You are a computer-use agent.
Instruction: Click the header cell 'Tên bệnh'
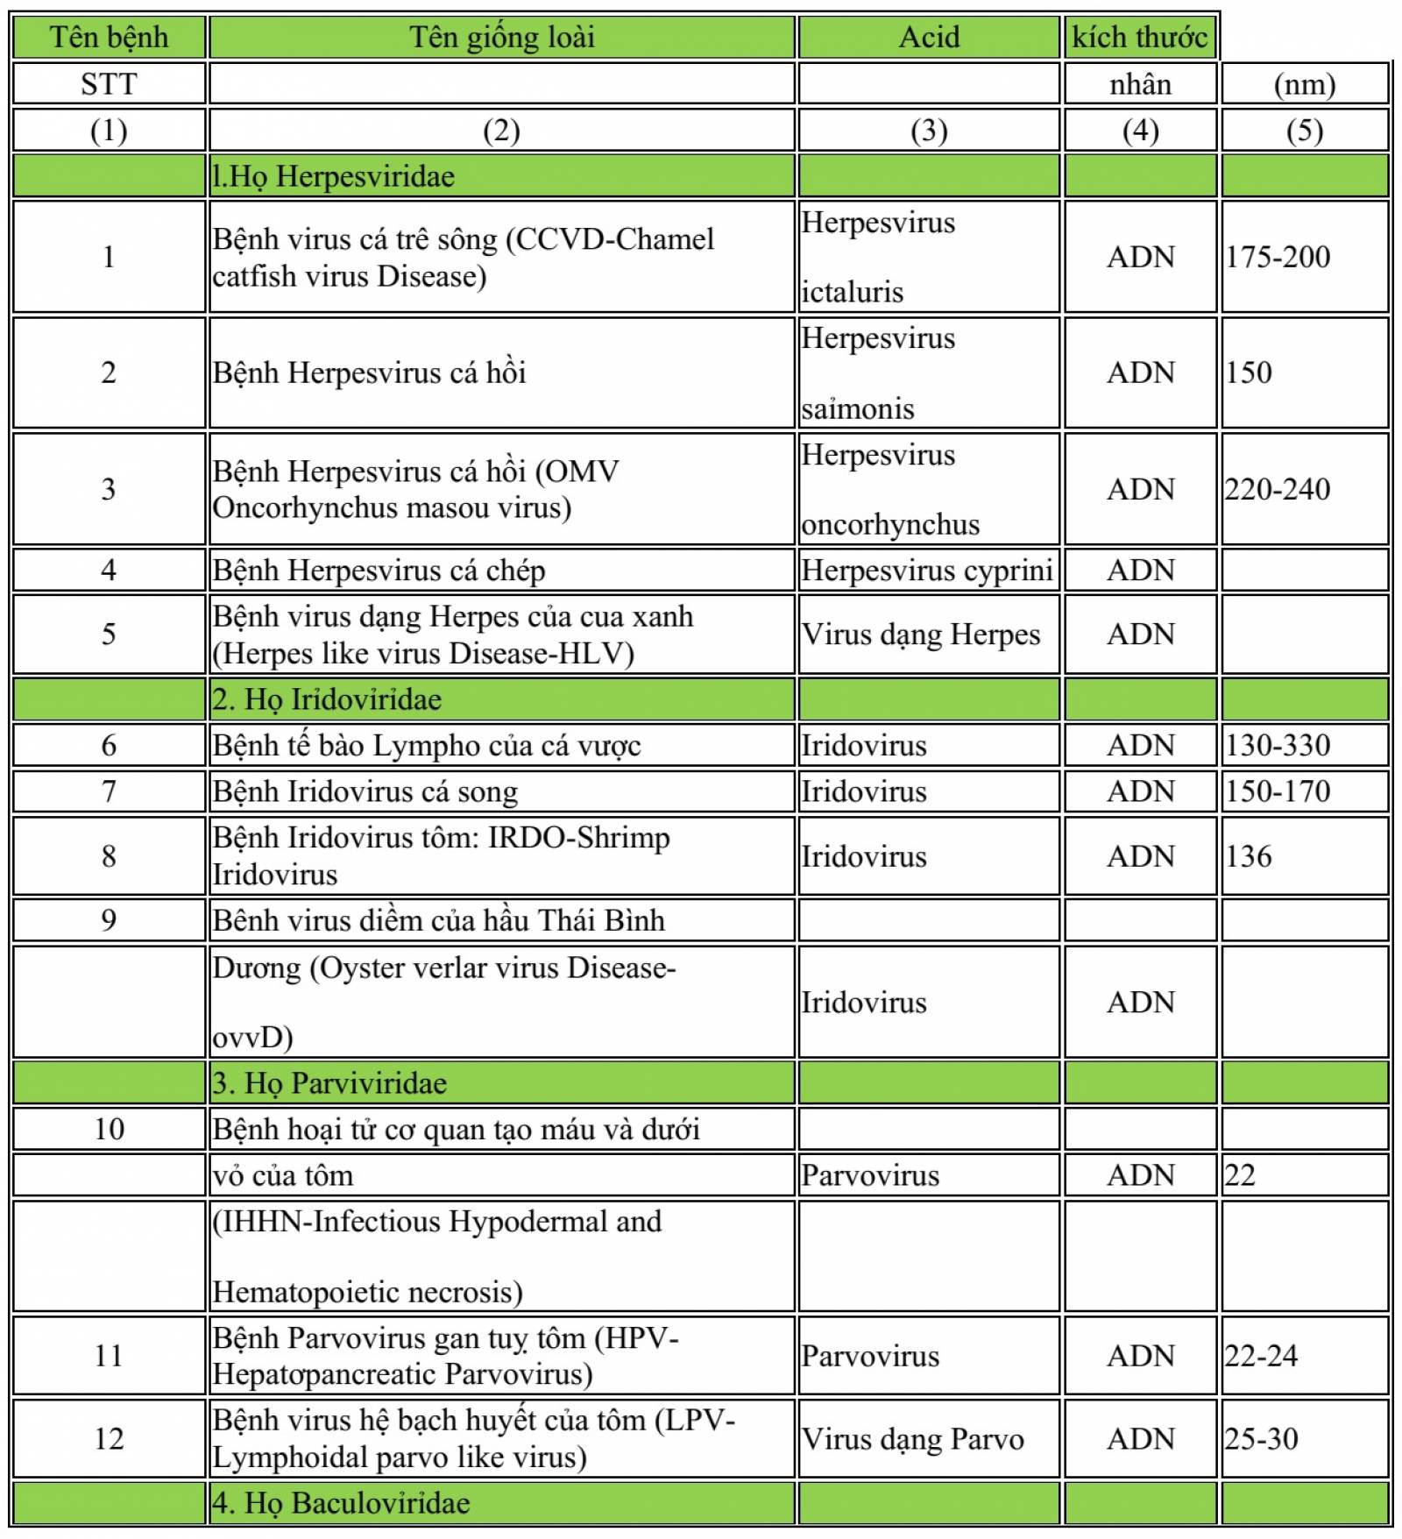click(109, 38)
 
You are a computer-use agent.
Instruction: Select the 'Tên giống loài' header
click(501, 38)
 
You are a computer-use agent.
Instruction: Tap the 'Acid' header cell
click(929, 38)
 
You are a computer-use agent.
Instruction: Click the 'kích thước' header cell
click(1139, 38)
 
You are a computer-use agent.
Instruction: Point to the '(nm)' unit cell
click(1304, 85)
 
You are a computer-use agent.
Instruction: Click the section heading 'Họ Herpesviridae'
click(334, 177)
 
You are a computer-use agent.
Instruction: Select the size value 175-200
click(1278, 257)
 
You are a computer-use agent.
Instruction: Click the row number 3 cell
click(109, 489)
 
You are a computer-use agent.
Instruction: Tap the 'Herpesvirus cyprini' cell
click(926, 571)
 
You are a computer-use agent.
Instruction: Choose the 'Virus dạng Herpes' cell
click(920, 635)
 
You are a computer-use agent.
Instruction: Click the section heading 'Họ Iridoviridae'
click(327, 699)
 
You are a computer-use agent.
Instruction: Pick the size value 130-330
click(1278, 746)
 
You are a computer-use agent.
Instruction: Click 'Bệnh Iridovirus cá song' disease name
click(365, 792)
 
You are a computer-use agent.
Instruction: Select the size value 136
click(1249, 856)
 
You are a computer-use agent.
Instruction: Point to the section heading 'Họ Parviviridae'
click(329, 1084)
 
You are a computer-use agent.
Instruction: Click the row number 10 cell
click(109, 1130)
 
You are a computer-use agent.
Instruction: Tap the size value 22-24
click(1261, 1356)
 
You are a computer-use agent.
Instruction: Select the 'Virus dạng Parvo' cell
click(912, 1439)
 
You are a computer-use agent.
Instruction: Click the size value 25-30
click(1261, 1439)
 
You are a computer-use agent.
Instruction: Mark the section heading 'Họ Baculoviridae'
click(341, 1504)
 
